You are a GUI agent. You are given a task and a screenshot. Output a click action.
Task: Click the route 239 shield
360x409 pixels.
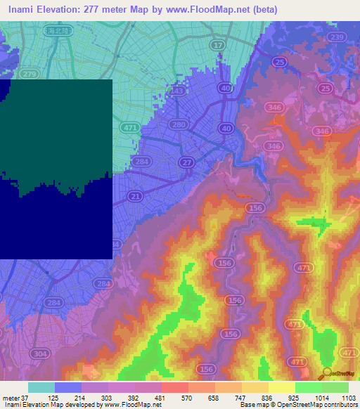[x=337, y=37]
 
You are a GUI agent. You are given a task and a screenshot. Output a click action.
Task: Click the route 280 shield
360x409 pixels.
[x=179, y=125]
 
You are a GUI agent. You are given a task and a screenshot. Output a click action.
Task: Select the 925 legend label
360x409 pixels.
[x=295, y=398]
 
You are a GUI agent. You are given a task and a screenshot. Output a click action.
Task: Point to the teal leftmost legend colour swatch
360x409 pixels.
[x=41, y=387]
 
